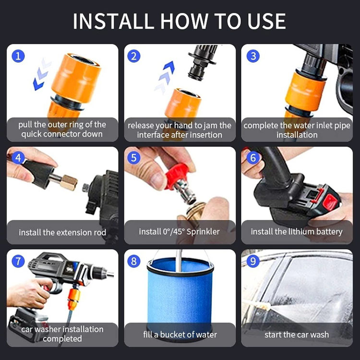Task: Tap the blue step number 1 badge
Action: [18, 56]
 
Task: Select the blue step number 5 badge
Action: [134, 158]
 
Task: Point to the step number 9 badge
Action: [253, 261]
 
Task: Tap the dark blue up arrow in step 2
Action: [169, 67]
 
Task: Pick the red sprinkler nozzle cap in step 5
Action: [176, 176]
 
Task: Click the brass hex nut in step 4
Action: [69, 183]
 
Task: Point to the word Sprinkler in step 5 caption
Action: [203, 232]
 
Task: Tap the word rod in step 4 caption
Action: [100, 233]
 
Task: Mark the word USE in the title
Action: [266, 21]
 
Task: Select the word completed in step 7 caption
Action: [62, 339]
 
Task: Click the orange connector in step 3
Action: [305, 91]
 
